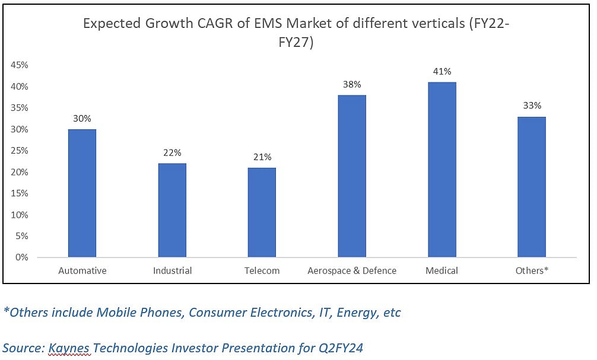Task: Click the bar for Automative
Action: (82, 193)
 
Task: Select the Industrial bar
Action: (172, 211)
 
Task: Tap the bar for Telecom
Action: (262, 212)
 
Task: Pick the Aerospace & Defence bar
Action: (352, 176)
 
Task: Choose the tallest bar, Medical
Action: (442, 170)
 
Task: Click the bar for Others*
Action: (532, 187)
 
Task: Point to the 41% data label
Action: (442, 71)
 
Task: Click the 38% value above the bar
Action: (352, 84)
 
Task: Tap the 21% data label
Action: (262, 157)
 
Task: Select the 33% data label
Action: (532, 106)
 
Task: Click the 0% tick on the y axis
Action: (22, 257)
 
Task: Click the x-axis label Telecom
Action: (262, 270)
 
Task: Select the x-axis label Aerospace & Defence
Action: (352, 270)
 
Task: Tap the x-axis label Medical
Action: (442, 270)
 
